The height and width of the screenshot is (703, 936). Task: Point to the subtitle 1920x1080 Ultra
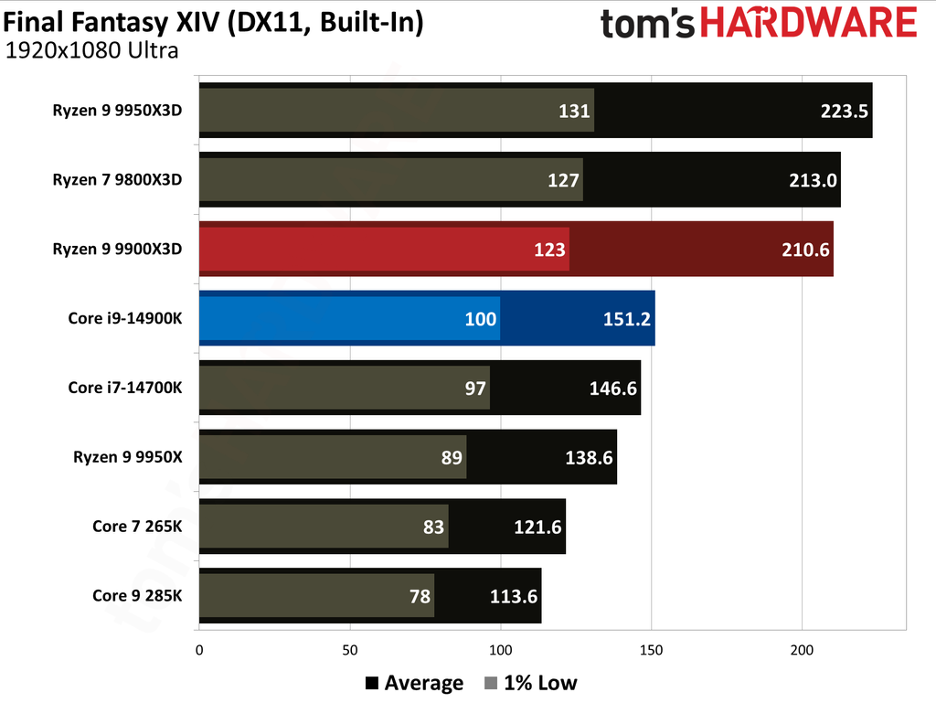[x=91, y=50]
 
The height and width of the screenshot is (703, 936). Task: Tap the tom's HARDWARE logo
[x=759, y=23]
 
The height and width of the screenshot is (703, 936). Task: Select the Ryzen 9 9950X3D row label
[x=117, y=111]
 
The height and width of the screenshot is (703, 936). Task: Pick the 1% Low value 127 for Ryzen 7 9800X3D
[x=564, y=180]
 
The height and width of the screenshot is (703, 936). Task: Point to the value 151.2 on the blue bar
[x=628, y=318]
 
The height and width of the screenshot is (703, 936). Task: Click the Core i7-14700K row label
[x=125, y=388]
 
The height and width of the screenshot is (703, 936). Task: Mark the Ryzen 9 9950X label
[x=128, y=456]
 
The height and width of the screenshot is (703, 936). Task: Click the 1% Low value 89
[x=452, y=457]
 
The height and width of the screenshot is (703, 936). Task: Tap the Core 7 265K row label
[x=137, y=526]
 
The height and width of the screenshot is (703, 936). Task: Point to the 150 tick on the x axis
[x=651, y=651]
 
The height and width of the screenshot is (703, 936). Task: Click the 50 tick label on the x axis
[x=349, y=651]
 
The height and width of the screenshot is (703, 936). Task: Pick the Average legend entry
[x=414, y=683]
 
